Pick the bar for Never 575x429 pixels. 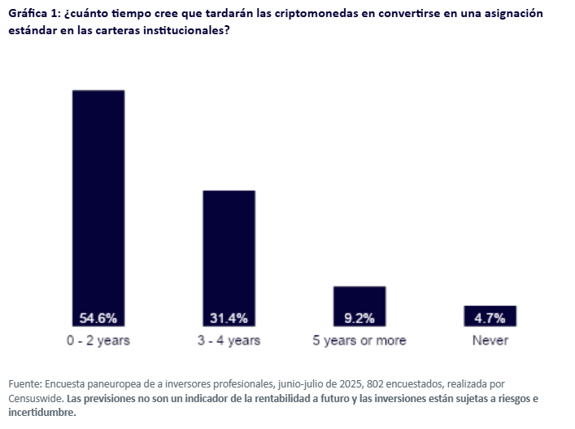coord(490,310)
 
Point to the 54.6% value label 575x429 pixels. coord(98,318)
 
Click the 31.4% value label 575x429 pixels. coord(229,318)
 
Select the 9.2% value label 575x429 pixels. coord(359,318)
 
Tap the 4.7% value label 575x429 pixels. coord(490,318)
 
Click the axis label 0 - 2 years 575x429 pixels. coord(98,340)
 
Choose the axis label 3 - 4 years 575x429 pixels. coord(229,340)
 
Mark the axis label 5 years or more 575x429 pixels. coord(359,340)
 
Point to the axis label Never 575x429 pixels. coord(490,340)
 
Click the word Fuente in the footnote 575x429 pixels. coord(25,383)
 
